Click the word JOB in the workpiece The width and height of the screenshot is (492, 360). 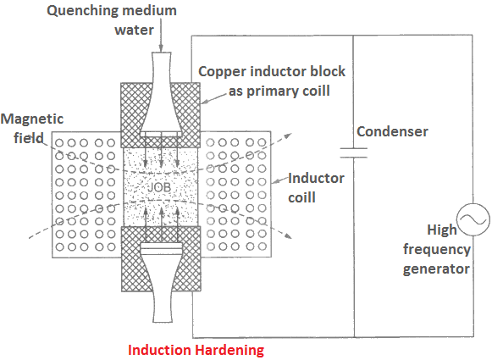click(159, 187)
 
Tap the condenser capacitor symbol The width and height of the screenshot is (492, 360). click(354, 152)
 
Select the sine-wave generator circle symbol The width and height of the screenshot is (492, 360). click(473, 219)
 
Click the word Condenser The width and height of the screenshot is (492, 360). click(392, 131)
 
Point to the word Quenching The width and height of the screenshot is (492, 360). click(82, 11)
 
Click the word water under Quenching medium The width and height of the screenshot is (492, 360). click(135, 30)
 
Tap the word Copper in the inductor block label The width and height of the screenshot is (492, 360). click(223, 72)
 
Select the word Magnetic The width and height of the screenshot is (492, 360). click(32, 119)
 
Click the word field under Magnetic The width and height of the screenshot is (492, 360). click(29, 138)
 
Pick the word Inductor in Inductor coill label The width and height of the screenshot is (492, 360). click(317, 178)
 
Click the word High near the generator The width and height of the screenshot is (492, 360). click(442, 230)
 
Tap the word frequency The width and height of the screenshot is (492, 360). click(437, 250)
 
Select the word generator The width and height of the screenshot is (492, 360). click(436, 269)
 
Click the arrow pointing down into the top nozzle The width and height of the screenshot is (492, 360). click(161, 35)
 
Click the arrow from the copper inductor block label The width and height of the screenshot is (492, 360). click(213, 98)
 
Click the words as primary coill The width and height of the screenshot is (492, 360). click(279, 91)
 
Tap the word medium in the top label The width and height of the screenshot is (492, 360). click(149, 10)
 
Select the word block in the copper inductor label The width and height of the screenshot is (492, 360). click(328, 71)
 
